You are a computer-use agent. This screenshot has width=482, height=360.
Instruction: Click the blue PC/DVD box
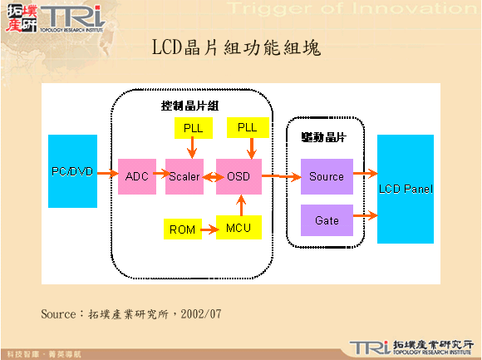(x=72, y=171)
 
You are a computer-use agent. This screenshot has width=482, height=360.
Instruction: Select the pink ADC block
(x=136, y=176)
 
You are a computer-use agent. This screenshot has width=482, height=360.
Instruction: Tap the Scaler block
(x=184, y=176)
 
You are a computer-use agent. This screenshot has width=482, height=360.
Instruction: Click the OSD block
(x=239, y=176)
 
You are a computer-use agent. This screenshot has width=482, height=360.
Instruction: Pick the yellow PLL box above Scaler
(x=193, y=127)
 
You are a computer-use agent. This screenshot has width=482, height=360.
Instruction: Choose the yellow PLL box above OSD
(x=248, y=127)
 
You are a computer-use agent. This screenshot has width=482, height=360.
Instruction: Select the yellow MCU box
(x=239, y=227)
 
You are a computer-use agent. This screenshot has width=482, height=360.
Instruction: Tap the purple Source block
(x=327, y=176)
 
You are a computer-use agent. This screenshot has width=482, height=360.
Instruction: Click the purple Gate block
(x=327, y=221)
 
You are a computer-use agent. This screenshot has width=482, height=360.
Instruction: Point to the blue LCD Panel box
(x=406, y=189)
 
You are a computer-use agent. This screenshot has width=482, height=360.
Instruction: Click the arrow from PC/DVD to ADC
(x=107, y=174)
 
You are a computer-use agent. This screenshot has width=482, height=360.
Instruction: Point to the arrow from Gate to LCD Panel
(x=365, y=219)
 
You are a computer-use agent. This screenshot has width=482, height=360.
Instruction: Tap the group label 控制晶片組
(x=189, y=106)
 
